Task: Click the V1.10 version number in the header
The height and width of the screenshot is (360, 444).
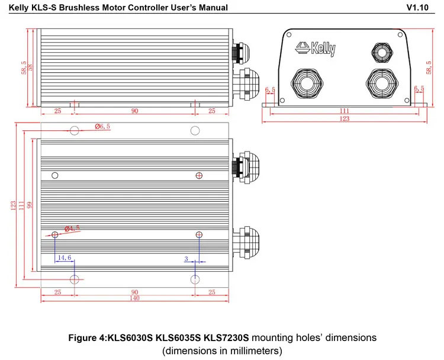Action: pyautogui.click(x=420, y=8)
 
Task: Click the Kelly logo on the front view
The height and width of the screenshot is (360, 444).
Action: pyautogui.click(x=317, y=48)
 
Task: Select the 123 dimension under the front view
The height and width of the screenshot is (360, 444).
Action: pyautogui.click(x=345, y=119)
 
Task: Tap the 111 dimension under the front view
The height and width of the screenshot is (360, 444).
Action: pyautogui.click(x=345, y=111)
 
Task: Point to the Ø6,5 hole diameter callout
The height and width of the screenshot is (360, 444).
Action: pyautogui.click(x=103, y=126)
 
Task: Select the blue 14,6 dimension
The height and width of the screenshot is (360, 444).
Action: pyautogui.click(x=64, y=258)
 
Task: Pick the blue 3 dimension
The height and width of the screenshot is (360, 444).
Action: pyautogui.click(x=186, y=259)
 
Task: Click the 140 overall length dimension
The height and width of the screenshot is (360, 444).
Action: pyautogui.click(x=134, y=299)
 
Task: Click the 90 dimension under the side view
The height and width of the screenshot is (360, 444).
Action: pyautogui.click(x=134, y=111)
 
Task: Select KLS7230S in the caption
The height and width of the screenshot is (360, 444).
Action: pyautogui.click(x=228, y=338)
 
